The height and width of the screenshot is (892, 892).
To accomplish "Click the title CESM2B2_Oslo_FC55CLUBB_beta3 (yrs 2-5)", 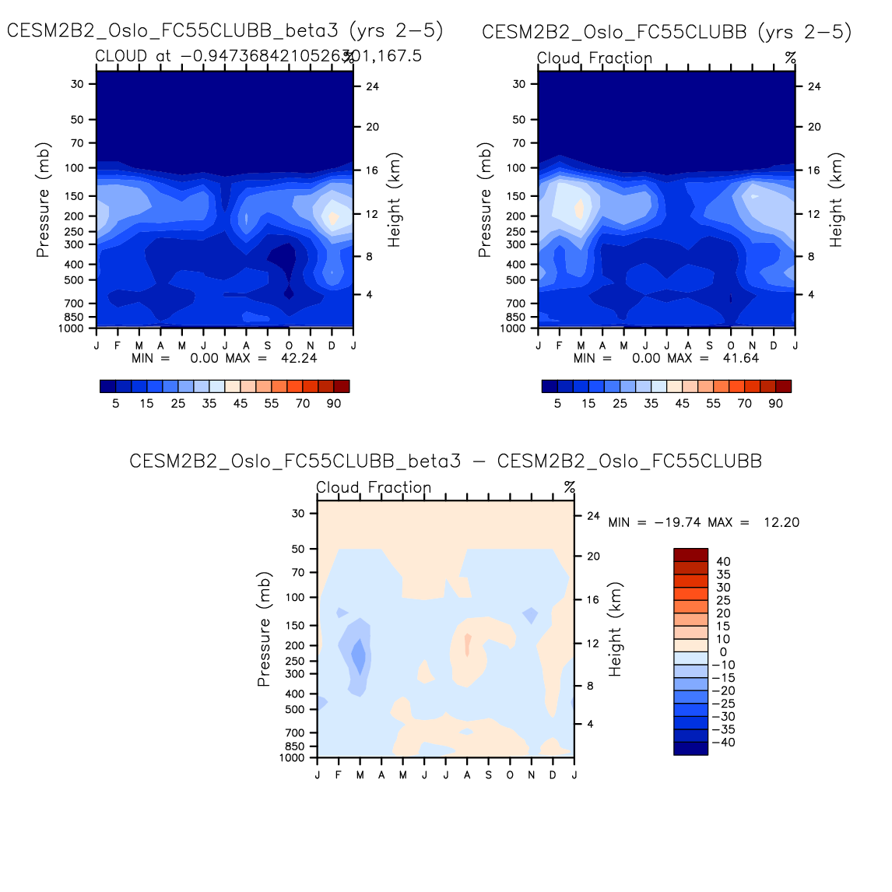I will [x=225, y=31].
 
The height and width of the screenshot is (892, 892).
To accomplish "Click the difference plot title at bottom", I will [x=445, y=461].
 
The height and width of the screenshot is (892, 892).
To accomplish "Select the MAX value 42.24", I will [x=299, y=358].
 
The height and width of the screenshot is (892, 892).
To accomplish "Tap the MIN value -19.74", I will [x=676, y=522].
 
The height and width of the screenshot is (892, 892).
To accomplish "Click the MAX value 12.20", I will [x=781, y=522].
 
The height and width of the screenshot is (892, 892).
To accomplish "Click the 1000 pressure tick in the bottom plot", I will [x=293, y=757].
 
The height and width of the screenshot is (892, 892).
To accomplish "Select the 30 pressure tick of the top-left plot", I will [x=77, y=84].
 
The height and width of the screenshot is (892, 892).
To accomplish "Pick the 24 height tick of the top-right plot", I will [x=814, y=86].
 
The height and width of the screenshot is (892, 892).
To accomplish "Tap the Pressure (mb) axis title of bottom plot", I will [x=264, y=630].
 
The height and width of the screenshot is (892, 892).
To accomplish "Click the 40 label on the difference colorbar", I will [x=723, y=562].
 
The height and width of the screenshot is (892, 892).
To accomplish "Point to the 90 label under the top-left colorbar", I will [x=334, y=403].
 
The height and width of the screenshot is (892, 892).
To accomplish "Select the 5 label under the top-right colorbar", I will [x=557, y=403].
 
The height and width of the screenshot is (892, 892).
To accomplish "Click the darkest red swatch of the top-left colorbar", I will [x=342, y=386].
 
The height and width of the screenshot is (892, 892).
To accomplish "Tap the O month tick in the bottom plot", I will [x=510, y=774].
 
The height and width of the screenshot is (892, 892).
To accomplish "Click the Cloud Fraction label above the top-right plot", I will [x=595, y=58].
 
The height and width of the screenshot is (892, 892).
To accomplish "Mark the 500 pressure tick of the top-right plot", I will [x=516, y=280].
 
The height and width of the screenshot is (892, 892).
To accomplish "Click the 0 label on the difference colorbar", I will [x=723, y=652].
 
